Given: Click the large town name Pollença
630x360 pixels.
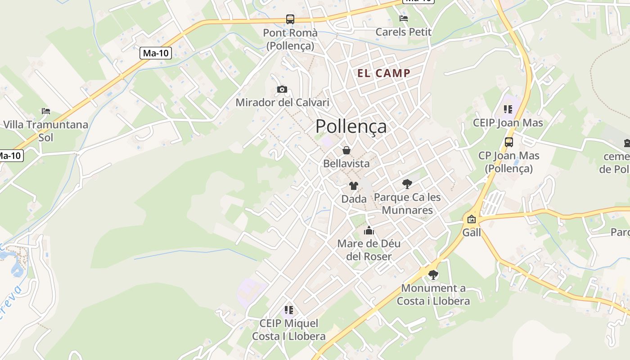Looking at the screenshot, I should pos(351,126).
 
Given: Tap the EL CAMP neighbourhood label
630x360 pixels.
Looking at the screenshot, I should pos(384,73).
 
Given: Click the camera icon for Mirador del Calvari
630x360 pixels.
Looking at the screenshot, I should pos(282,89).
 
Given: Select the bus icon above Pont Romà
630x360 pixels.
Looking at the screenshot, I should pos(290,19).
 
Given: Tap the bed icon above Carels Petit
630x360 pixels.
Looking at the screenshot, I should pos(404,18).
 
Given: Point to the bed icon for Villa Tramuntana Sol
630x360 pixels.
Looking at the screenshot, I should pos(46,111).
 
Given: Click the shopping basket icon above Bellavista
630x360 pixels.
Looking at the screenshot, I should pos(346,150).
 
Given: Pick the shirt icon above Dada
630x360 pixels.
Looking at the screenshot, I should pos(354,185).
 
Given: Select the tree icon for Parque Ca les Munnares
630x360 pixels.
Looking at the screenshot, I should pos(407,184).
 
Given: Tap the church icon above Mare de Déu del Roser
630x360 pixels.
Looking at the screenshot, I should pos(369,231).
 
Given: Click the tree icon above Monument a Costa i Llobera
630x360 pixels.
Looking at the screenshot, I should pos(433,274).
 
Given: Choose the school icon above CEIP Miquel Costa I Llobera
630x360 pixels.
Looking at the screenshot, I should pos(288,310).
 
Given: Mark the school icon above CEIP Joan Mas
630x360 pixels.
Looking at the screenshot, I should pos(508,109).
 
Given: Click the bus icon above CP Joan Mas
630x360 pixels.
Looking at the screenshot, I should pos(508,142).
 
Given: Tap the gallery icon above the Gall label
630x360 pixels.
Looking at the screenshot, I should pos(472,220).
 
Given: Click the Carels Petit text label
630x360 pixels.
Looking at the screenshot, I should pos(403,32).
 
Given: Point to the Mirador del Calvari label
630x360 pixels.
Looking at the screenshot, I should pos(282,103).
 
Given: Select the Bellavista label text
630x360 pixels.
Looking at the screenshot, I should pos(346,163).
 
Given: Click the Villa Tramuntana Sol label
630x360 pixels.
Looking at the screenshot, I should pos(45,130).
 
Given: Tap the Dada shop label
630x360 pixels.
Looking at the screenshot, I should pos(354,198).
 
